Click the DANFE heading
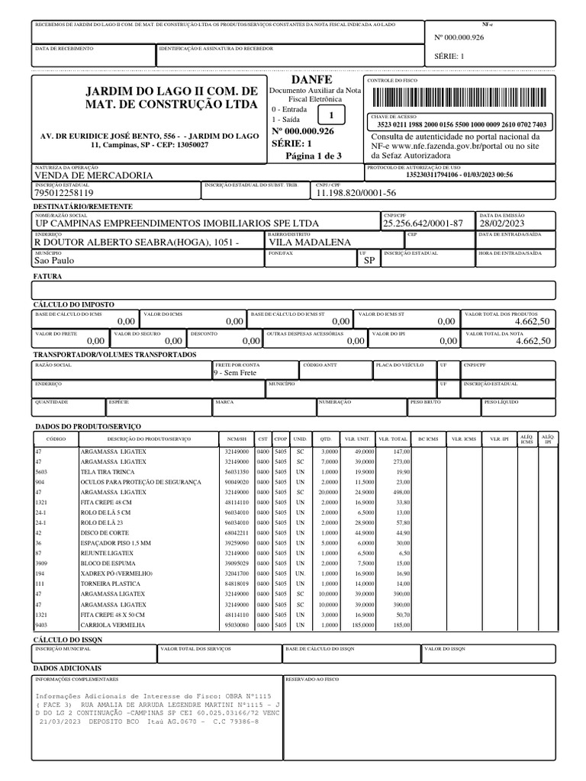click(x=306, y=80)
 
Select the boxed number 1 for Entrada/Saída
click(x=330, y=114)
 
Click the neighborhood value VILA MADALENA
click(x=311, y=243)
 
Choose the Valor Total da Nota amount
click(x=532, y=342)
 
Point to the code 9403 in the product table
click(x=42, y=625)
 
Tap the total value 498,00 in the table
click(x=401, y=492)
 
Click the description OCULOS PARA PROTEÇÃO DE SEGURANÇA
click(x=140, y=482)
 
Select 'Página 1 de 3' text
click(x=313, y=156)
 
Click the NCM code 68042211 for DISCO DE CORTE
click(x=235, y=532)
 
